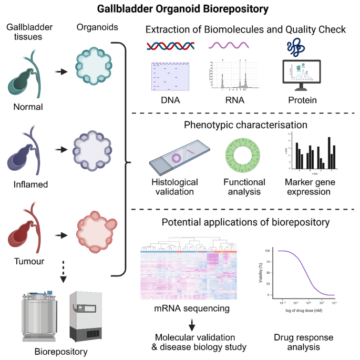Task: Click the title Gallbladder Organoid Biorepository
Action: click(x=180, y=9)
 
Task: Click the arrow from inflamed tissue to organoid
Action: click(x=61, y=150)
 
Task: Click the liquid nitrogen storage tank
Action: click(x=39, y=314)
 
